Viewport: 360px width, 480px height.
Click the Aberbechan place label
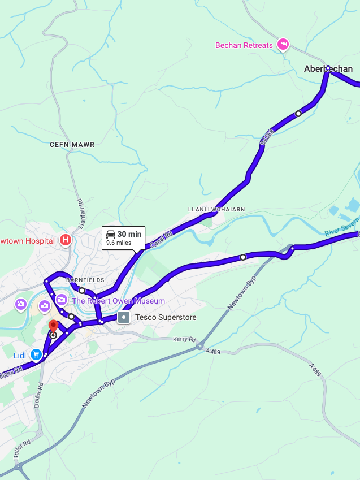pyautogui.click(x=328, y=69)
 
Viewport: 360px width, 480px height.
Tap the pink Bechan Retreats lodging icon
pyautogui.click(x=283, y=45)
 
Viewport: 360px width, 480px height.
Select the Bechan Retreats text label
pyautogui.click(x=244, y=45)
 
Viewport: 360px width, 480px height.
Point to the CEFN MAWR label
pyautogui.click(x=72, y=145)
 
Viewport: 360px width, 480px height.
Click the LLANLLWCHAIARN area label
pyautogui.click(x=216, y=209)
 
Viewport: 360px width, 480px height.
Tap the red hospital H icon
pyautogui.click(x=66, y=240)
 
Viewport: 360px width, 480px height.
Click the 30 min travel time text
pyautogui.click(x=129, y=234)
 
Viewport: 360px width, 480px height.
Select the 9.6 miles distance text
pyautogui.click(x=119, y=243)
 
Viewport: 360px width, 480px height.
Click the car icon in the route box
pyautogui.click(x=111, y=234)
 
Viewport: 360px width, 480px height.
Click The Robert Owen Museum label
pyautogui.click(x=118, y=301)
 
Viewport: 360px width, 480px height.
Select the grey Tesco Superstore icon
pyautogui.click(x=124, y=317)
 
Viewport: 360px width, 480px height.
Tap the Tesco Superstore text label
pyautogui.click(x=166, y=318)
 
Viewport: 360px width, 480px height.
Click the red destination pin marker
pyautogui.click(x=53, y=327)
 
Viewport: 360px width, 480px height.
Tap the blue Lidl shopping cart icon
pyautogui.click(x=36, y=354)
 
